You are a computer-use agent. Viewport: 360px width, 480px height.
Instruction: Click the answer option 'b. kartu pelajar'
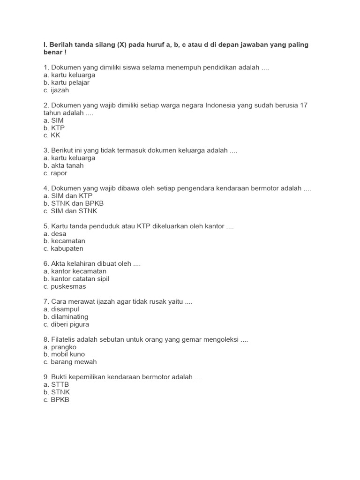click(x=66, y=82)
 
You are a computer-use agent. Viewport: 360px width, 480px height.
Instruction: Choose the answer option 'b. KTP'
click(x=54, y=128)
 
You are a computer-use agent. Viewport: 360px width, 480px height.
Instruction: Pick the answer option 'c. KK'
click(x=52, y=135)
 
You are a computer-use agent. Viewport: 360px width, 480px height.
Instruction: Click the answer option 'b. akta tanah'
click(x=63, y=165)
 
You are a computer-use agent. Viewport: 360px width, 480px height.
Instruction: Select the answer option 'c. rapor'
click(x=55, y=173)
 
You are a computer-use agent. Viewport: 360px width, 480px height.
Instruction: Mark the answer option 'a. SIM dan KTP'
click(x=67, y=195)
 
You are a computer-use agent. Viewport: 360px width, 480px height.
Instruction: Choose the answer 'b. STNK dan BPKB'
click(x=73, y=203)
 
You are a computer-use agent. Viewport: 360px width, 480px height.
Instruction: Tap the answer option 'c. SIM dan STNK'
click(x=70, y=211)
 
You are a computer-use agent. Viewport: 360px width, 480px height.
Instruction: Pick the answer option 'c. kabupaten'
click(x=63, y=248)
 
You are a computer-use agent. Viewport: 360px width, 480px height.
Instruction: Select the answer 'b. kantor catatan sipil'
click(x=76, y=279)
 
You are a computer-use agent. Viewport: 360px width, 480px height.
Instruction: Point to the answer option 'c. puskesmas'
click(x=65, y=286)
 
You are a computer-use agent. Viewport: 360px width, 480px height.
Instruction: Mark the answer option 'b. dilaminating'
click(x=66, y=317)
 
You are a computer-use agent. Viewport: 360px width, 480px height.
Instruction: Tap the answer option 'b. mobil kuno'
click(x=64, y=354)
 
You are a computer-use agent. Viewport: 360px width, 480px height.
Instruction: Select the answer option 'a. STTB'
click(x=56, y=384)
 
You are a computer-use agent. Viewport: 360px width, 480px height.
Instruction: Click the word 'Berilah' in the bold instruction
click(x=61, y=45)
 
